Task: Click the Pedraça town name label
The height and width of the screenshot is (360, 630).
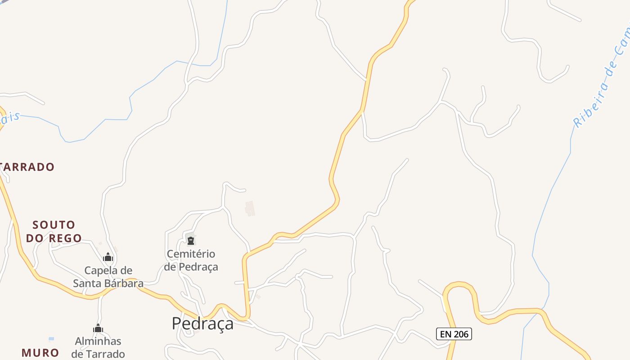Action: click(202, 324)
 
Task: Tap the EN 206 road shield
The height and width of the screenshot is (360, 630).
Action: click(454, 334)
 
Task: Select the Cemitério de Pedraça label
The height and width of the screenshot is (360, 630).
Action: click(191, 260)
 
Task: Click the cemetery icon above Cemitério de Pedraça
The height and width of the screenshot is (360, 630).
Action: click(191, 241)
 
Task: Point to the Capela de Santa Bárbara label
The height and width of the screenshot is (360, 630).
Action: click(108, 277)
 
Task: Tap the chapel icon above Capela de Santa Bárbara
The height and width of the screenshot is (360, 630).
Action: click(108, 257)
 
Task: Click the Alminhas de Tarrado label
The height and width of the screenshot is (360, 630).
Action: click(98, 347)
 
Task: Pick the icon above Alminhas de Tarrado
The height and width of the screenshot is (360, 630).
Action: click(98, 328)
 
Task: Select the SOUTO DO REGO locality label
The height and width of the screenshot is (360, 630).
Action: click(54, 231)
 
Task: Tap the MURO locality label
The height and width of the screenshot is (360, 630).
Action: click(40, 353)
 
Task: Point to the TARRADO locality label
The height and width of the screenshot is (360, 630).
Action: click(27, 167)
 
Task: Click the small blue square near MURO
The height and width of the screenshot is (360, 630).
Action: click(51, 339)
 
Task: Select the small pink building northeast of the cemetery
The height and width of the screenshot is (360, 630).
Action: click(250, 208)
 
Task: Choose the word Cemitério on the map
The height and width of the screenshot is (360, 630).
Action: click(191, 254)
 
